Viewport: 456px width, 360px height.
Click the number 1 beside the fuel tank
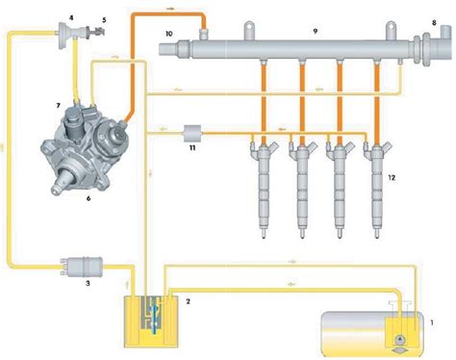coord(432,322)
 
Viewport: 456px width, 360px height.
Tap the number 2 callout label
coord(188,301)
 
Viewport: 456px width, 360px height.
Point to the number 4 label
coord(71,18)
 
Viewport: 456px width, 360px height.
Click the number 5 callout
coord(104,20)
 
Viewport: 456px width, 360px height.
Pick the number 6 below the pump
coord(89,198)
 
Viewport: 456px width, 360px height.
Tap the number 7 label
coord(58,106)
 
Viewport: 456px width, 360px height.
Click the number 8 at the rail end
coord(434,23)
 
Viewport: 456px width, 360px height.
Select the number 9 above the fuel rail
coord(316,31)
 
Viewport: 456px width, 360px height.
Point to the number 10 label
coord(169,34)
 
